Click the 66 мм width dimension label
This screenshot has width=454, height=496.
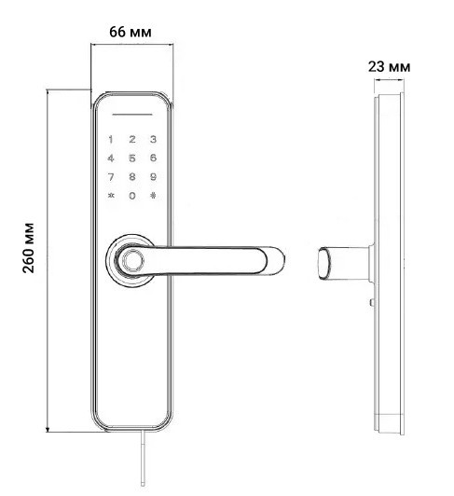tap(131, 32)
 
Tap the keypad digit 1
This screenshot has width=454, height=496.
tap(112, 141)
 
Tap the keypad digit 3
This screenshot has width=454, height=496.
tap(153, 141)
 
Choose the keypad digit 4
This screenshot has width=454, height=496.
tap(112, 158)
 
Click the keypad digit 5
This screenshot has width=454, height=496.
tap(132, 158)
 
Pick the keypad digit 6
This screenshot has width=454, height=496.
tap(153, 158)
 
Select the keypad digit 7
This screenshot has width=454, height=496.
tap(112, 176)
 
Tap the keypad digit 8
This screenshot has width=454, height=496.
tap(132, 176)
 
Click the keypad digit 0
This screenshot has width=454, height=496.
tap(132, 196)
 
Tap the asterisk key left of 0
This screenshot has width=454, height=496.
tap(112, 196)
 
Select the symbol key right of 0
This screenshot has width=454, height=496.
tap(153, 196)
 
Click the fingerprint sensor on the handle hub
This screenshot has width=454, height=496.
tap(131, 260)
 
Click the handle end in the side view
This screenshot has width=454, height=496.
tap(323, 262)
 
